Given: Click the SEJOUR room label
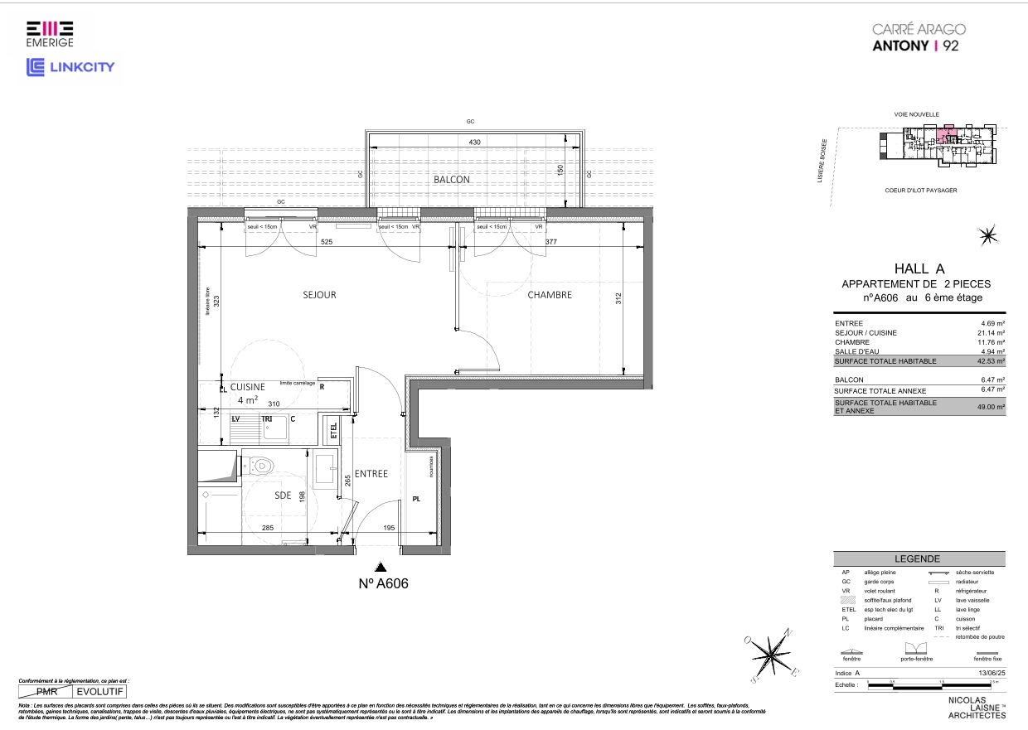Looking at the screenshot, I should tap(319, 295).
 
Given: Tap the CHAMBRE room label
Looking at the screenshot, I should tap(550, 294).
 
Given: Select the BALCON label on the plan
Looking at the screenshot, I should tap(452, 180).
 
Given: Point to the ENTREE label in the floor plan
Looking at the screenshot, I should tap(371, 474).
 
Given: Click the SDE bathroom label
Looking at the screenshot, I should tap(284, 495).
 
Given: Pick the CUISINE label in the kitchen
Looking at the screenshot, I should tap(247, 387).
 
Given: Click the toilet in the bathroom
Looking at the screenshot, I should tap(264, 465).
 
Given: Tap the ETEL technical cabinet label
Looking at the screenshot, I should tap(334, 430).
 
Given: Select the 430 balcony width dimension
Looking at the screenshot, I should tap(474, 143).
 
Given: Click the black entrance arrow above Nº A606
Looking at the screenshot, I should tap(381, 568).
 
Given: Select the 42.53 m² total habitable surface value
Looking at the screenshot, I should tap(991, 361).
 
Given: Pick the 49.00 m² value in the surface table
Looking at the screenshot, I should tap(991, 407).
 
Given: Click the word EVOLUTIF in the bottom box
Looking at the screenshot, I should tap(100, 690).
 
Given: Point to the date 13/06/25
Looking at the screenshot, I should tap(991, 674).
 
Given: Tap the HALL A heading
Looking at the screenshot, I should tap(919, 268).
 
